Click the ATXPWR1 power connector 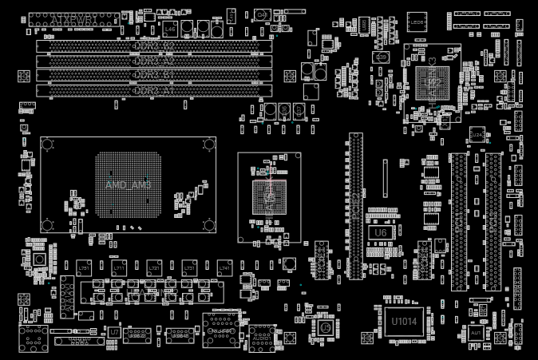[74, 18]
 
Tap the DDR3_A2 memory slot [154, 60]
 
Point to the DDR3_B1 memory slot [154, 75]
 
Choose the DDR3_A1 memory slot [154, 91]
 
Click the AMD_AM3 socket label [128, 184]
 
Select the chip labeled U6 [380, 232]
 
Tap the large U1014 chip [403, 321]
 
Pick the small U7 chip [115, 330]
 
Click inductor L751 [84, 268]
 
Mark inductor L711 [119, 268]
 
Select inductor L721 [154, 268]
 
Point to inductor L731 [189, 268]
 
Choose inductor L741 [224, 268]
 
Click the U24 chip [477, 136]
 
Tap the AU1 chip [477, 333]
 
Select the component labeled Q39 [382, 57]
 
